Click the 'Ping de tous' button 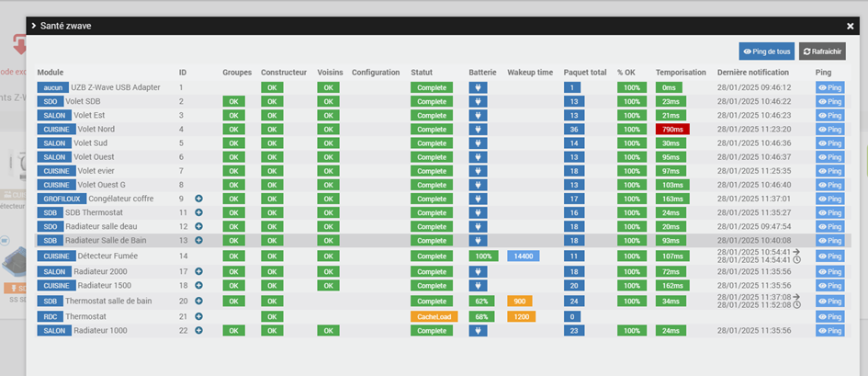pyautogui.click(x=766, y=51)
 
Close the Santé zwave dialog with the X pyautogui.click(x=850, y=27)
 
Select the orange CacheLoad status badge pyautogui.click(x=433, y=316)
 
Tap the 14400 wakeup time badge pyautogui.click(x=523, y=256)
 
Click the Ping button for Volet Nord pyautogui.click(x=829, y=130)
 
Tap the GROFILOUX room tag pyautogui.click(x=61, y=199)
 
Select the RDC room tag pyautogui.click(x=50, y=316)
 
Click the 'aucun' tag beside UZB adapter pyautogui.click(x=53, y=87)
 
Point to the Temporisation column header pyautogui.click(x=681, y=72)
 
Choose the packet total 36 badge pyautogui.click(x=572, y=130)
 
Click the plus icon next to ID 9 pyautogui.click(x=198, y=199)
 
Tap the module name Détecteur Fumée pyautogui.click(x=106, y=256)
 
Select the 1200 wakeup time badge pyautogui.click(x=520, y=316)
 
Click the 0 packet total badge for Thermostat pyautogui.click(x=572, y=316)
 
